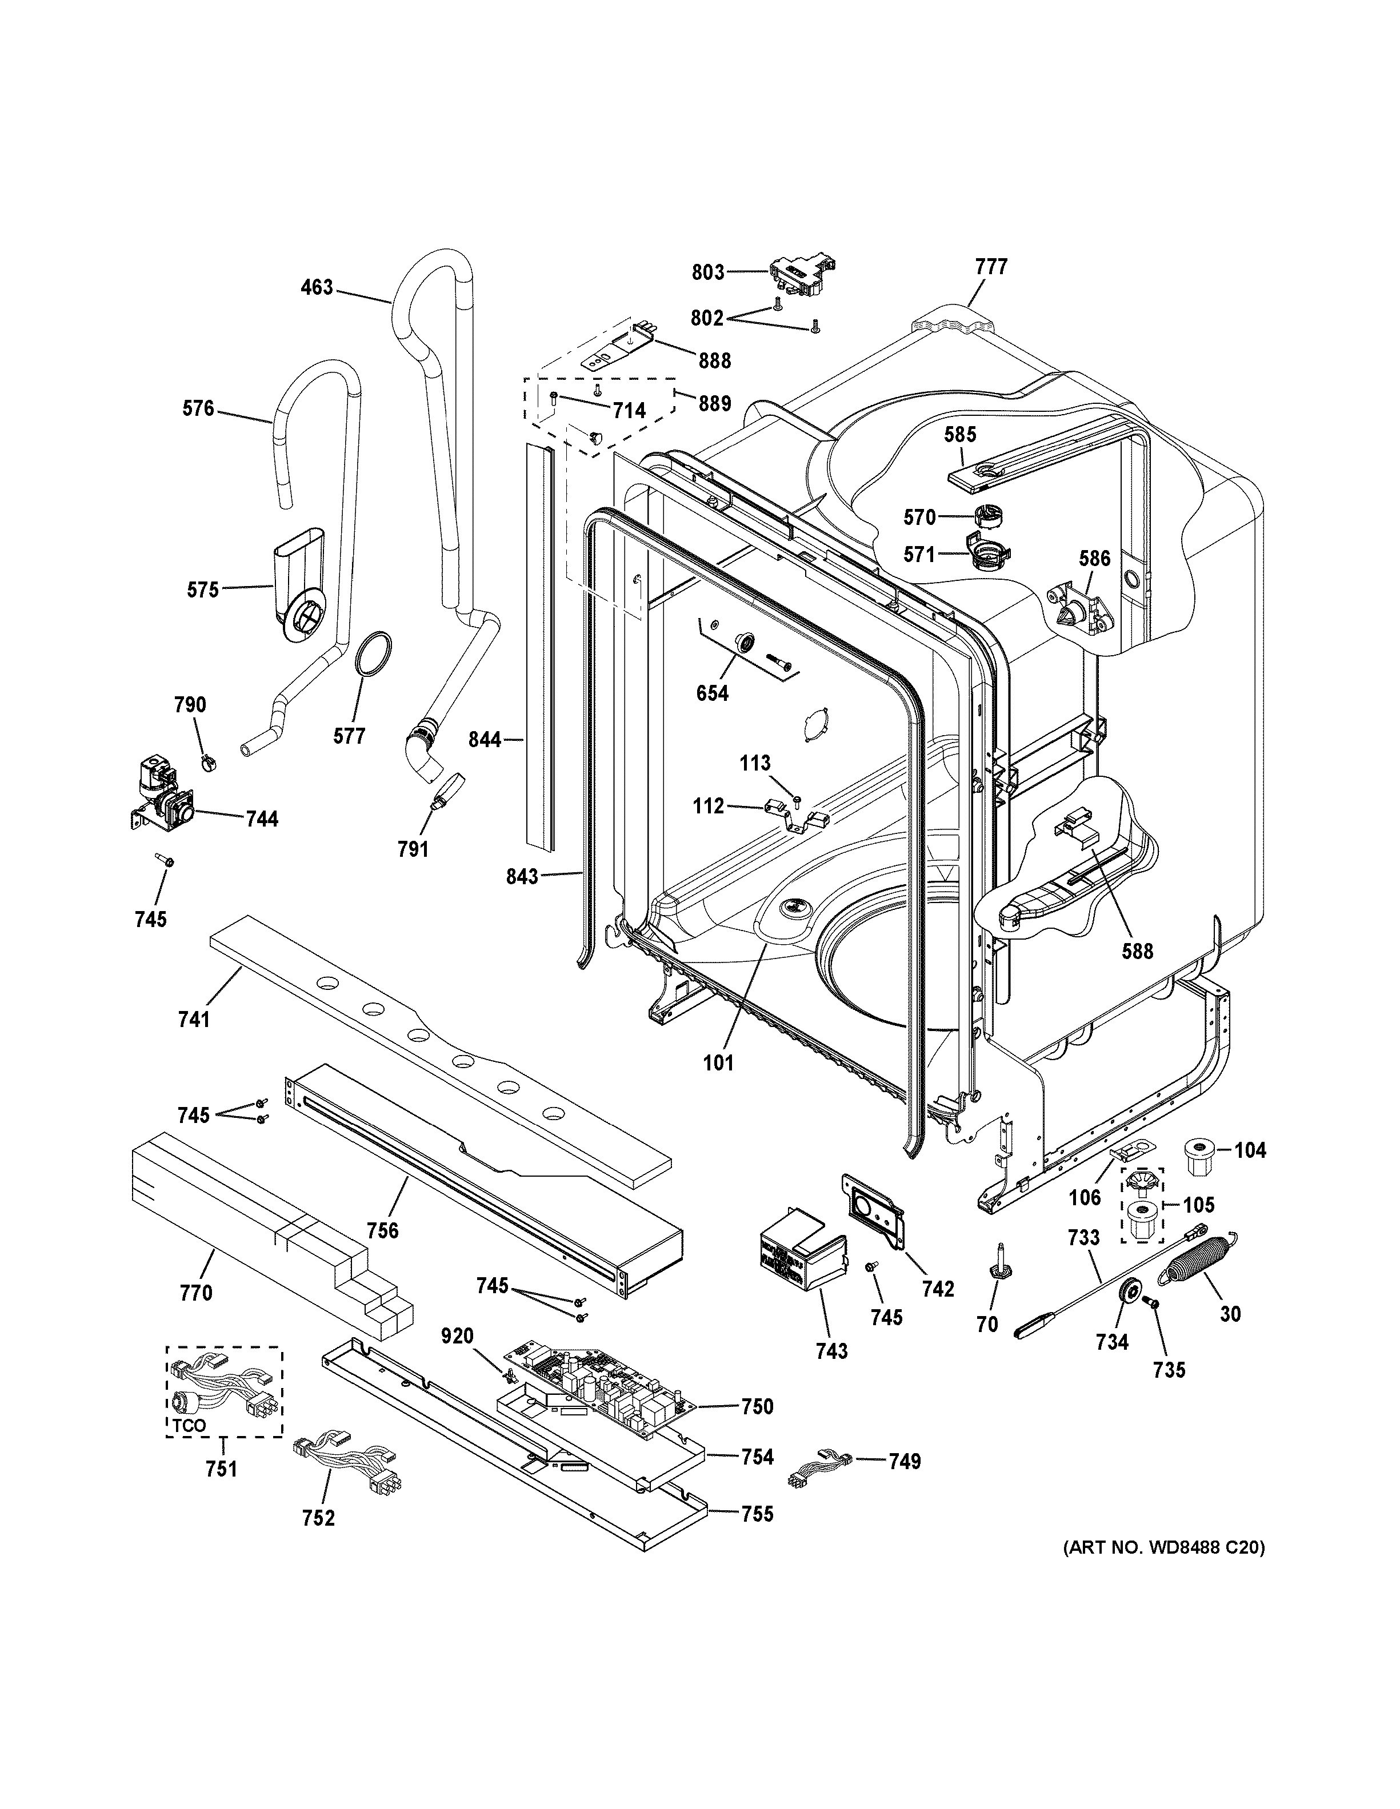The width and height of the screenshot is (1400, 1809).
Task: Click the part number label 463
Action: tap(317, 287)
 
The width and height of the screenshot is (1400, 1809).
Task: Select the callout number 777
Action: tap(991, 267)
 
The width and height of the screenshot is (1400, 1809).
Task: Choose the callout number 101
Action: tap(718, 1062)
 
